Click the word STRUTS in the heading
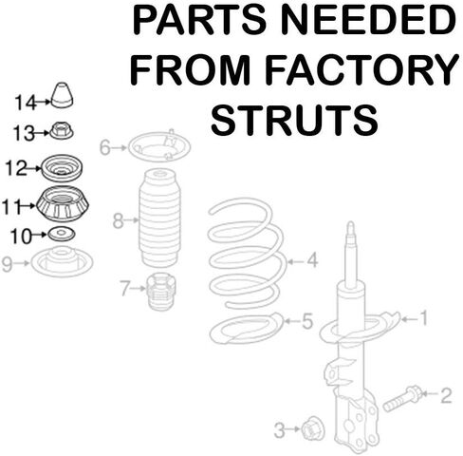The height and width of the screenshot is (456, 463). point(294,121)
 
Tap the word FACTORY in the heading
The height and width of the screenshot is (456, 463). point(361,70)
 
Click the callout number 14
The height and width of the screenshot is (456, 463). point(26,103)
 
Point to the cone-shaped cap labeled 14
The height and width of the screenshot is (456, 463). point(62,95)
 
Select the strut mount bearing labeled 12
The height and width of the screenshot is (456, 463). point(62,168)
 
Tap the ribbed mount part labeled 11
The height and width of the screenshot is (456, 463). point(63,204)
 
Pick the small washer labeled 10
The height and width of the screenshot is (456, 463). point(62,235)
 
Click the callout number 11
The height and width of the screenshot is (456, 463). point(12,206)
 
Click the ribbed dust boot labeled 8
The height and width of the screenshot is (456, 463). point(159,218)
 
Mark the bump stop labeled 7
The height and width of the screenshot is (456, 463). point(161,291)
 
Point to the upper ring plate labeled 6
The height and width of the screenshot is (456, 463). point(159,147)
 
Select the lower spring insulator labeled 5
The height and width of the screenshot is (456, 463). point(247,328)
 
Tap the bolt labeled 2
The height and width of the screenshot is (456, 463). point(402,398)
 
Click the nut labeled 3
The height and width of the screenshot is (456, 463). point(313,428)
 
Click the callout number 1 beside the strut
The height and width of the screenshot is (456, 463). point(423,318)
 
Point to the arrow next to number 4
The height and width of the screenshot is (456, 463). point(296,261)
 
